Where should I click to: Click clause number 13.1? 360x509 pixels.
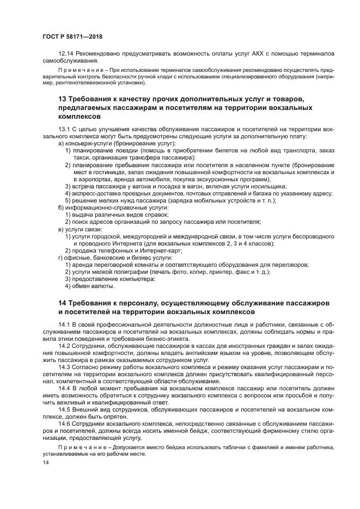click(x=65, y=129)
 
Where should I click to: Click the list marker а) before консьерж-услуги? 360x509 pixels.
click(x=61, y=143)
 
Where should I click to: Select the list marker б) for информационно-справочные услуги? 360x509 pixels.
click(x=61, y=207)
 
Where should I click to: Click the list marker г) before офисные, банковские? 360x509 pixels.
click(x=61, y=257)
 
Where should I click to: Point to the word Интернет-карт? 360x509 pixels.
click(x=162, y=250)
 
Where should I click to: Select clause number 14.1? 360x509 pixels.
click(x=65, y=324)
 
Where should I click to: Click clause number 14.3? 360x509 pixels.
click(x=65, y=368)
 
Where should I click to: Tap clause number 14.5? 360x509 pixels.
click(x=65, y=409)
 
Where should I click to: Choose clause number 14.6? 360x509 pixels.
click(x=65, y=423)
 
